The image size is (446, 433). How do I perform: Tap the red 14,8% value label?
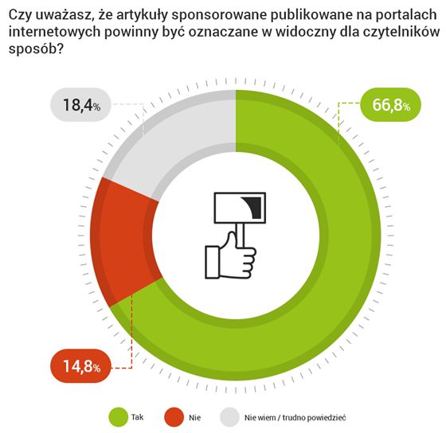pyautogui.click(x=80, y=367)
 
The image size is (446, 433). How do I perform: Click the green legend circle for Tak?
pyautogui.click(x=119, y=416)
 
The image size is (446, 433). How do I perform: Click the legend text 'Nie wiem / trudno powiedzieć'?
pyautogui.click(x=294, y=417)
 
